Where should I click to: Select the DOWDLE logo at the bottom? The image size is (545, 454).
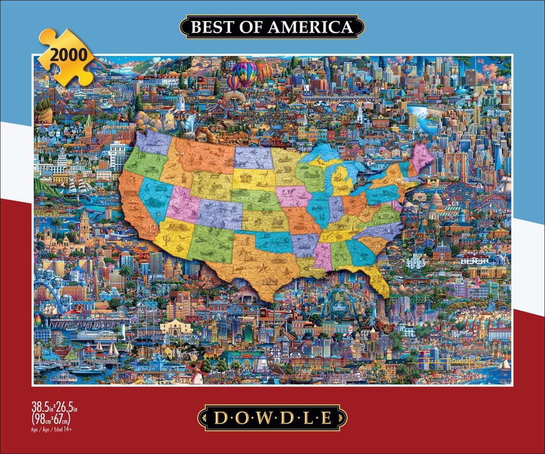click(272, 418)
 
